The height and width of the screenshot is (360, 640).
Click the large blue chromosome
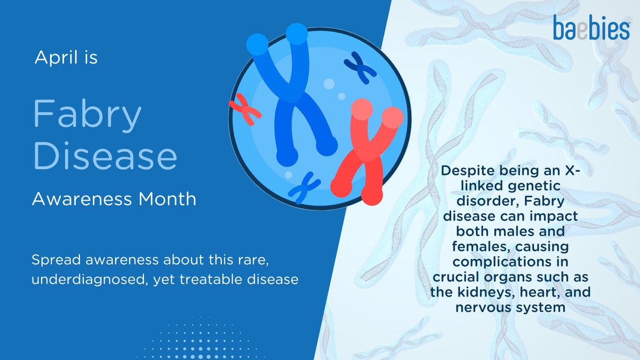coord(294,96)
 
